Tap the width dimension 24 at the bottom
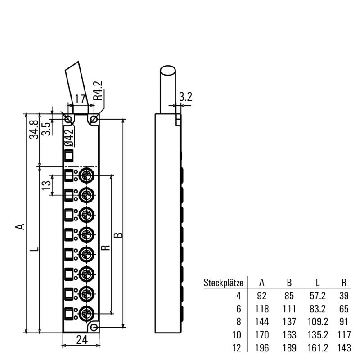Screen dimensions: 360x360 (81, 340)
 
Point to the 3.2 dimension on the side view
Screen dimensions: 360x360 (185, 96)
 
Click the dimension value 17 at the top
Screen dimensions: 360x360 (80, 99)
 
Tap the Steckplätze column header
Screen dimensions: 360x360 (224, 283)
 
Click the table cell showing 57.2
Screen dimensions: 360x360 (318, 296)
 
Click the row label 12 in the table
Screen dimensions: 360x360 (238, 348)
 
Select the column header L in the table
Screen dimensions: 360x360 (318, 283)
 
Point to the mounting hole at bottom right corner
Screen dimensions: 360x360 (94, 327)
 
